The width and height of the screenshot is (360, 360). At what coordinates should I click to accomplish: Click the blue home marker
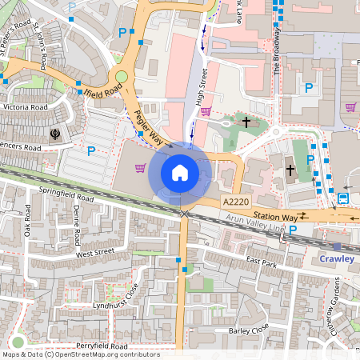click(x=180, y=172)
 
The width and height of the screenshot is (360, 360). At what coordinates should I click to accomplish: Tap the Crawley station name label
click(x=337, y=259)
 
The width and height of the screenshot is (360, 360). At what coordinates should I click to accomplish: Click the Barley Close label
click(x=248, y=330)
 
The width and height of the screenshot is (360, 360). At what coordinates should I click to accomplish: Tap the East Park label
click(x=261, y=262)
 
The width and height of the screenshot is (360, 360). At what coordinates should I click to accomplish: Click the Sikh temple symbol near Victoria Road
click(x=55, y=134)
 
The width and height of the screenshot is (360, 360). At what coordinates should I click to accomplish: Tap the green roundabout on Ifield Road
click(x=122, y=78)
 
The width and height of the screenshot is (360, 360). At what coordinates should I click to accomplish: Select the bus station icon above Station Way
click(x=343, y=198)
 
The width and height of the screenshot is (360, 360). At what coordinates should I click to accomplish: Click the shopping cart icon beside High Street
click(x=205, y=111)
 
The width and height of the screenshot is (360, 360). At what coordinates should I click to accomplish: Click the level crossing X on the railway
click(x=186, y=214)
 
